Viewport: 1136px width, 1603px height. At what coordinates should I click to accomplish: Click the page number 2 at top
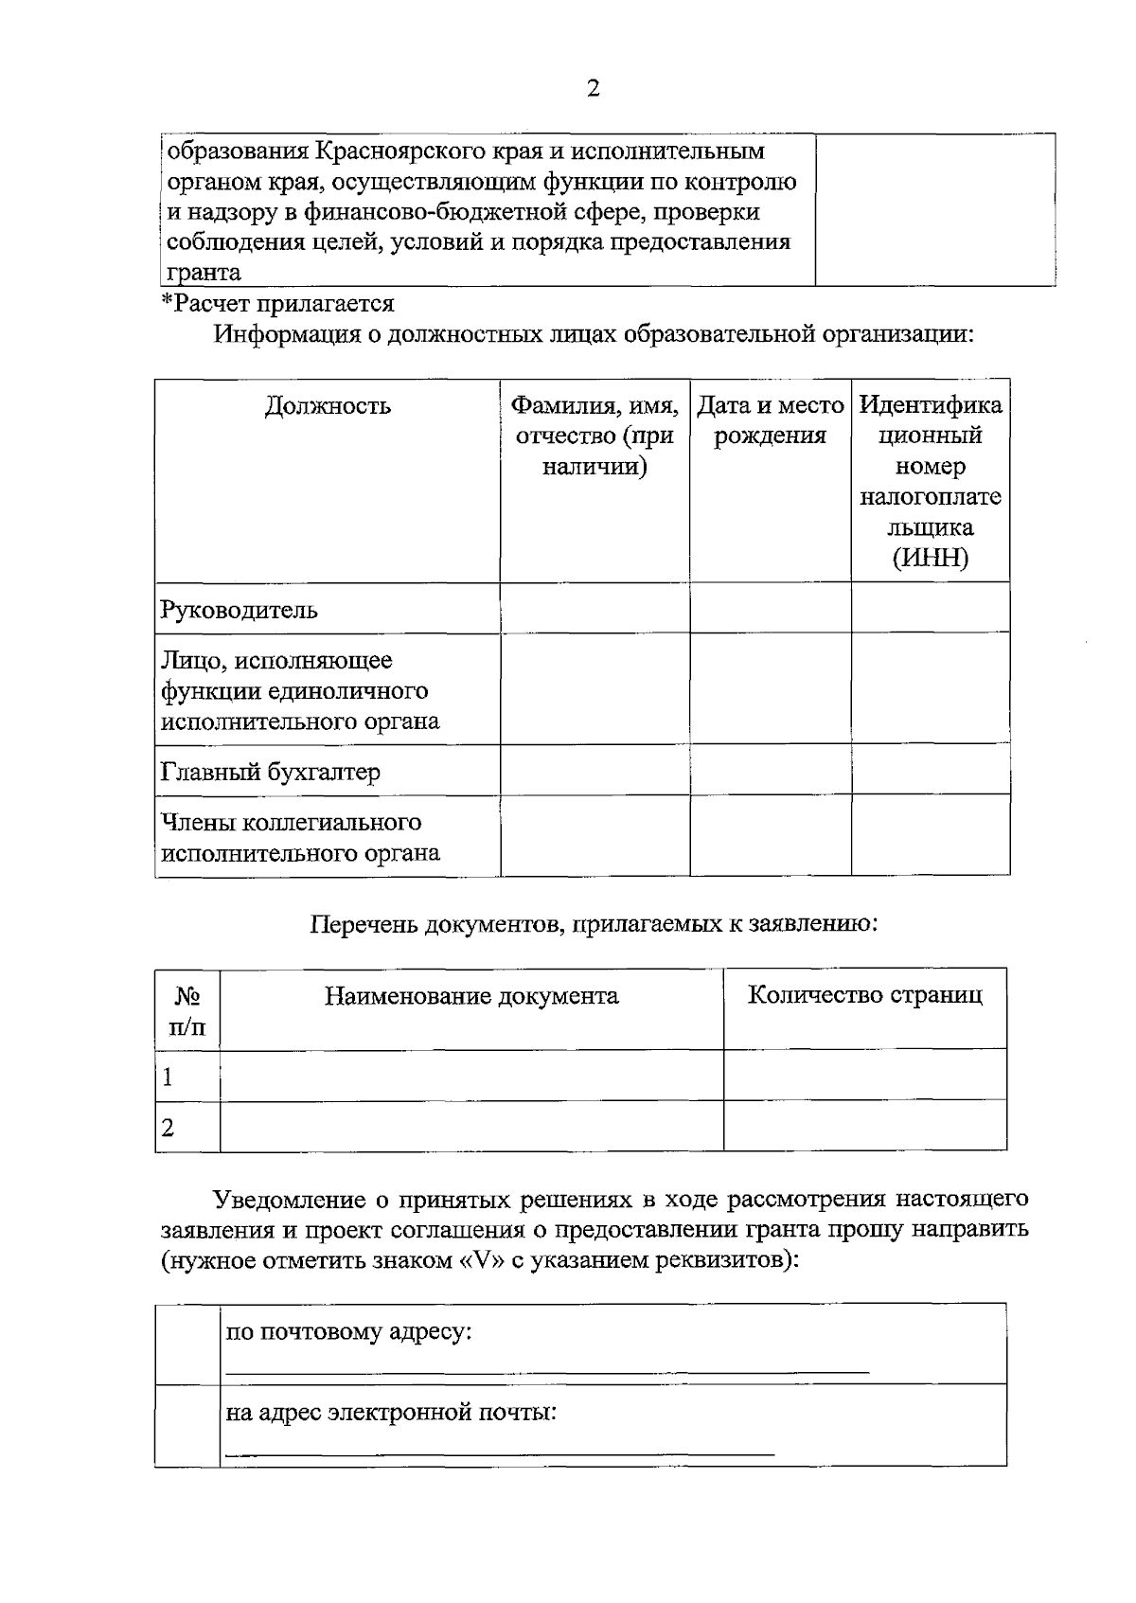coord(594,89)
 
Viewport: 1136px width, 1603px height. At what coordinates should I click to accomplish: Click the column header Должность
coord(327,406)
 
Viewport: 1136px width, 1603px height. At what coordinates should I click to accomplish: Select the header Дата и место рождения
coord(770,420)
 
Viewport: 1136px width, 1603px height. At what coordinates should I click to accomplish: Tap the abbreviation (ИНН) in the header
coord(930,558)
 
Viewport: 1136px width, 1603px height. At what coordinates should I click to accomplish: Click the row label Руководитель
coord(239,609)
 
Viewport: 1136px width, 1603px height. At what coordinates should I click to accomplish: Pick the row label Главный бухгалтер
coord(271,772)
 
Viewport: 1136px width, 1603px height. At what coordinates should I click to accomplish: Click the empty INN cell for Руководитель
coord(930,608)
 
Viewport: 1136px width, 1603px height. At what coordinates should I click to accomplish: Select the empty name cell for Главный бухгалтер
coord(595,770)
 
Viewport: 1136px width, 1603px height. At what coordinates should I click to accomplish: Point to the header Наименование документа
coord(471,996)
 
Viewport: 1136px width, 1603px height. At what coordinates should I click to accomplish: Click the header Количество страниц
coord(864,995)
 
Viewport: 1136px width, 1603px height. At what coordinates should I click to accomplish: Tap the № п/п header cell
coord(187,1010)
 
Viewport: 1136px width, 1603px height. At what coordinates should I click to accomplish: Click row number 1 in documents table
coord(169,1077)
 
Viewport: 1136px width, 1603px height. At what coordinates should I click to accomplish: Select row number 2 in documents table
coord(169,1128)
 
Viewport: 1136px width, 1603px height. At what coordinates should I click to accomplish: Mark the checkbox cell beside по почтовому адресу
coord(187,1344)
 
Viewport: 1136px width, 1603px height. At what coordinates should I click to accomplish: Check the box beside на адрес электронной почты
coord(187,1425)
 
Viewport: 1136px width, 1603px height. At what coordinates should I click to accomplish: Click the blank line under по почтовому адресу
coord(546,1370)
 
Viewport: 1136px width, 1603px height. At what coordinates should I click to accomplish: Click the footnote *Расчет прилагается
coord(277,304)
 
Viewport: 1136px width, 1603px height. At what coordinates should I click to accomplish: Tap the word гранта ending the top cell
coord(204,273)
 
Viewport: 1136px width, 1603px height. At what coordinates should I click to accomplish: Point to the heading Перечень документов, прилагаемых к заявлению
coord(594,923)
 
